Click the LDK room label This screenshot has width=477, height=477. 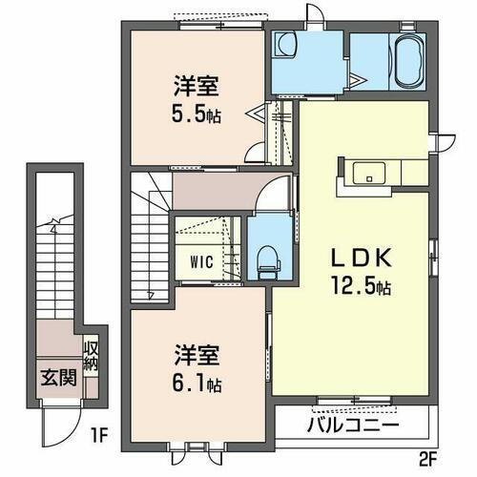pos(353,259)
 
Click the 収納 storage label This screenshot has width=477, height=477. pos(91,358)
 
